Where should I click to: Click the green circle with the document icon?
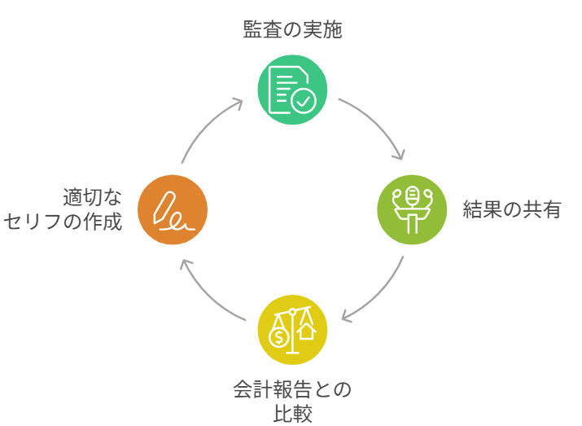click(x=292, y=90)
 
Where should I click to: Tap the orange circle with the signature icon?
click(x=173, y=209)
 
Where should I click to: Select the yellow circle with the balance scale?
click(x=292, y=329)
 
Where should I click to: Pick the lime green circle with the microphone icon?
click(x=412, y=209)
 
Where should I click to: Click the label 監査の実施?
click(x=292, y=31)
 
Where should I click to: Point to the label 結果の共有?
click(x=512, y=209)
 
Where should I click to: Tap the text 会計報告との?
click(x=292, y=389)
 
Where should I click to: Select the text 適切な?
click(x=92, y=197)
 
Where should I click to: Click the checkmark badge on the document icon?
click(x=304, y=101)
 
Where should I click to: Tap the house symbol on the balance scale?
click(x=306, y=332)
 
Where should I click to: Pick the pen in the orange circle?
click(x=168, y=207)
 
